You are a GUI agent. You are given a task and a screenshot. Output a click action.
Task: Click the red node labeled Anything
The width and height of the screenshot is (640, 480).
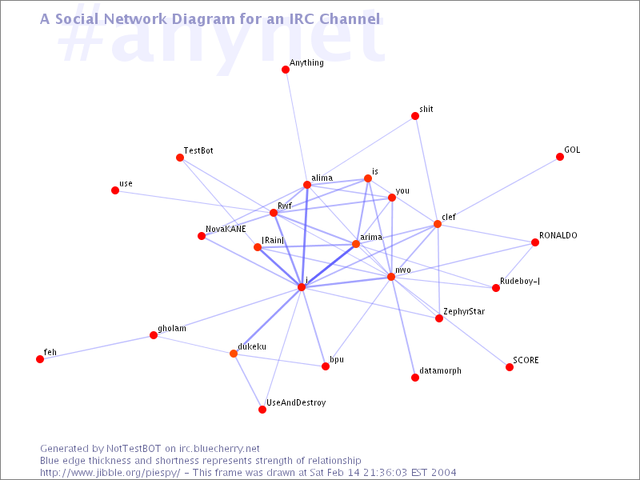(x=286, y=70)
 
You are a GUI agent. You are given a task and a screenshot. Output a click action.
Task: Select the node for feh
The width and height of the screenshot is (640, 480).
(x=40, y=359)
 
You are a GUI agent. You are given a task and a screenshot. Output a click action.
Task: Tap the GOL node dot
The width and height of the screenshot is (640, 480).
(x=560, y=157)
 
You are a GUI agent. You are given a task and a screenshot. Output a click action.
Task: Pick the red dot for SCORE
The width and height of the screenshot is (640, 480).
(x=510, y=367)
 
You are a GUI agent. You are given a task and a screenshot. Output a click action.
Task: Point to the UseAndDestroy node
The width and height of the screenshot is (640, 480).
(x=262, y=410)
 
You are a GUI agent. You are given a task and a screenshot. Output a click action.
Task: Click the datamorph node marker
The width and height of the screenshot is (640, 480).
(x=415, y=378)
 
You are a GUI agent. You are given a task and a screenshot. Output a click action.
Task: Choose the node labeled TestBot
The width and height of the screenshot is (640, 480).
(x=180, y=158)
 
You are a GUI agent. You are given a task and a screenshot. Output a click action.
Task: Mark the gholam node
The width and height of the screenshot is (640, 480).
(x=154, y=335)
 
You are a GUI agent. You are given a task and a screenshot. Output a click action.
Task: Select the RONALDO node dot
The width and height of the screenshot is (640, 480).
(x=535, y=242)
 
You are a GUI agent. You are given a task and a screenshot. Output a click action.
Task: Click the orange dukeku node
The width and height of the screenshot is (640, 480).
(x=234, y=354)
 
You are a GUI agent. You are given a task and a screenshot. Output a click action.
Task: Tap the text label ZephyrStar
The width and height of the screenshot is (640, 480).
(x=464, y=311)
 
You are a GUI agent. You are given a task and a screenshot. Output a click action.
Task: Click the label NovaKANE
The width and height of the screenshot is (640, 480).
(x=226, y=229)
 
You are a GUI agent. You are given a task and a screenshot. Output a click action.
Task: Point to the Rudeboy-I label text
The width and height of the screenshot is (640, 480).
(x=520, y=281)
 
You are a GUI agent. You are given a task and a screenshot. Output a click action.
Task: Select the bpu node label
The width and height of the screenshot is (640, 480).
(x=337, y=359)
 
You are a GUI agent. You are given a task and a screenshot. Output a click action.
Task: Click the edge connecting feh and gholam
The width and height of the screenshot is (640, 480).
(x=97, y=347)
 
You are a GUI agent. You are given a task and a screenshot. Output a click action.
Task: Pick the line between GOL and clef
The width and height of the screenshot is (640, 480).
(x=498, y=190)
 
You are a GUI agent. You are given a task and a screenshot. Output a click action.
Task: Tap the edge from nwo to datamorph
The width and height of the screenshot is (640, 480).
(x=403, y=327)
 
